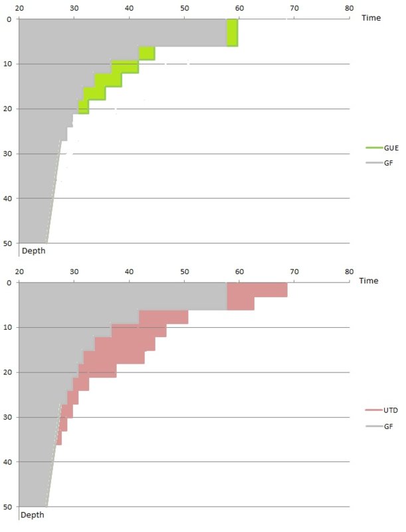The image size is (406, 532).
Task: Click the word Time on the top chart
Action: click(x=371, y=18)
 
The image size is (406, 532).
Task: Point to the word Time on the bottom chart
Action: click(x=369, y=281)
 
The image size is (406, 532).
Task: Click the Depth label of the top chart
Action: click(x=34, y=251)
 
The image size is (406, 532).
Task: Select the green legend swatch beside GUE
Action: click(x=373, y=148)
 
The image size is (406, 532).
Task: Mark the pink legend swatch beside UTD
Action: click(x=373, y=411)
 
